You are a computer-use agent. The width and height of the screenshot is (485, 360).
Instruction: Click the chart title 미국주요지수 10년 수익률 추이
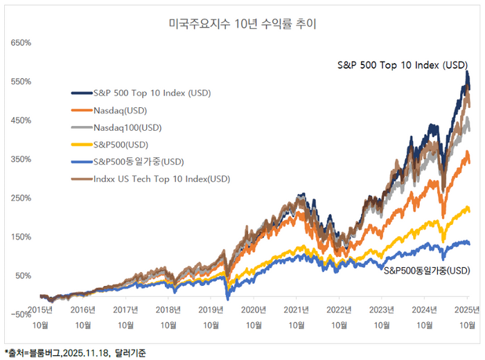[x=242, y=24]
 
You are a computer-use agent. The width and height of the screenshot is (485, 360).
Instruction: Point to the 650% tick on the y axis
[x=21, y=43]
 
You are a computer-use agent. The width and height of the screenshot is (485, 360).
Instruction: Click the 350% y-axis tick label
[x=21, y=159]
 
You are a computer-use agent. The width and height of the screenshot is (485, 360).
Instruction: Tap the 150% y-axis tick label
[x=21, y=237]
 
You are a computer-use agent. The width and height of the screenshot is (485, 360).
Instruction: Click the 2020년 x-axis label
[x=254, y=309]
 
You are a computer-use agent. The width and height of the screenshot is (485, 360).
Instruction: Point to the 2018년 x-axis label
[x=168, y=309]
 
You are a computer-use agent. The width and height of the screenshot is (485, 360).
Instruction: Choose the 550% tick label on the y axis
[x=21, y=82]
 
